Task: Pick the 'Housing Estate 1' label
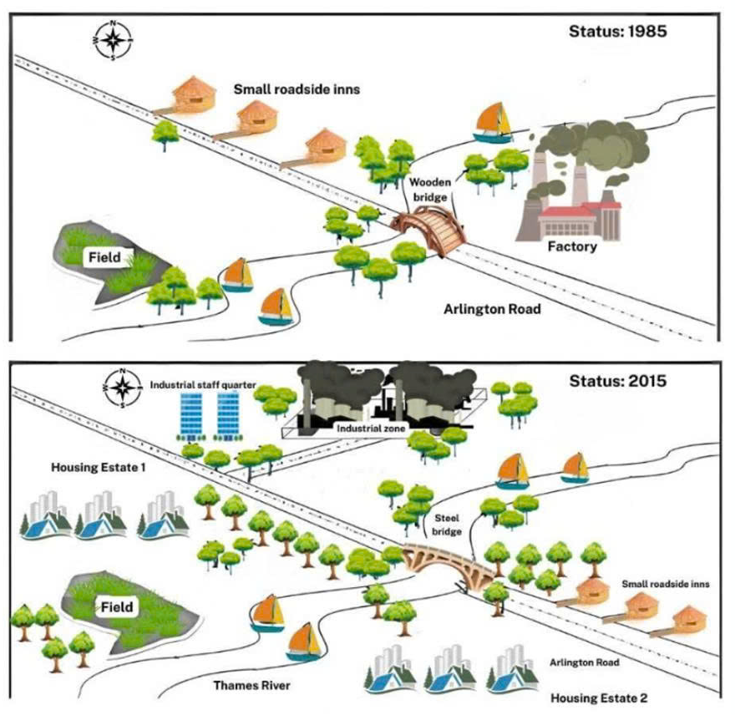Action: tap(99, 469)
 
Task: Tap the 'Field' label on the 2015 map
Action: tap(116, 606)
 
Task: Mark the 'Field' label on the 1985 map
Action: tap(106, 258)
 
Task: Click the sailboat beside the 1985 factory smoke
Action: tap(494, 122)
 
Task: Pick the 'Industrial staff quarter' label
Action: tap(202, 387)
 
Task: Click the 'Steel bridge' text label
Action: tap(447, 524)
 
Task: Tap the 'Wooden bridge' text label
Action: tap(428, 190)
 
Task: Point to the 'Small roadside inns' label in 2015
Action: tap(666, 585)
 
